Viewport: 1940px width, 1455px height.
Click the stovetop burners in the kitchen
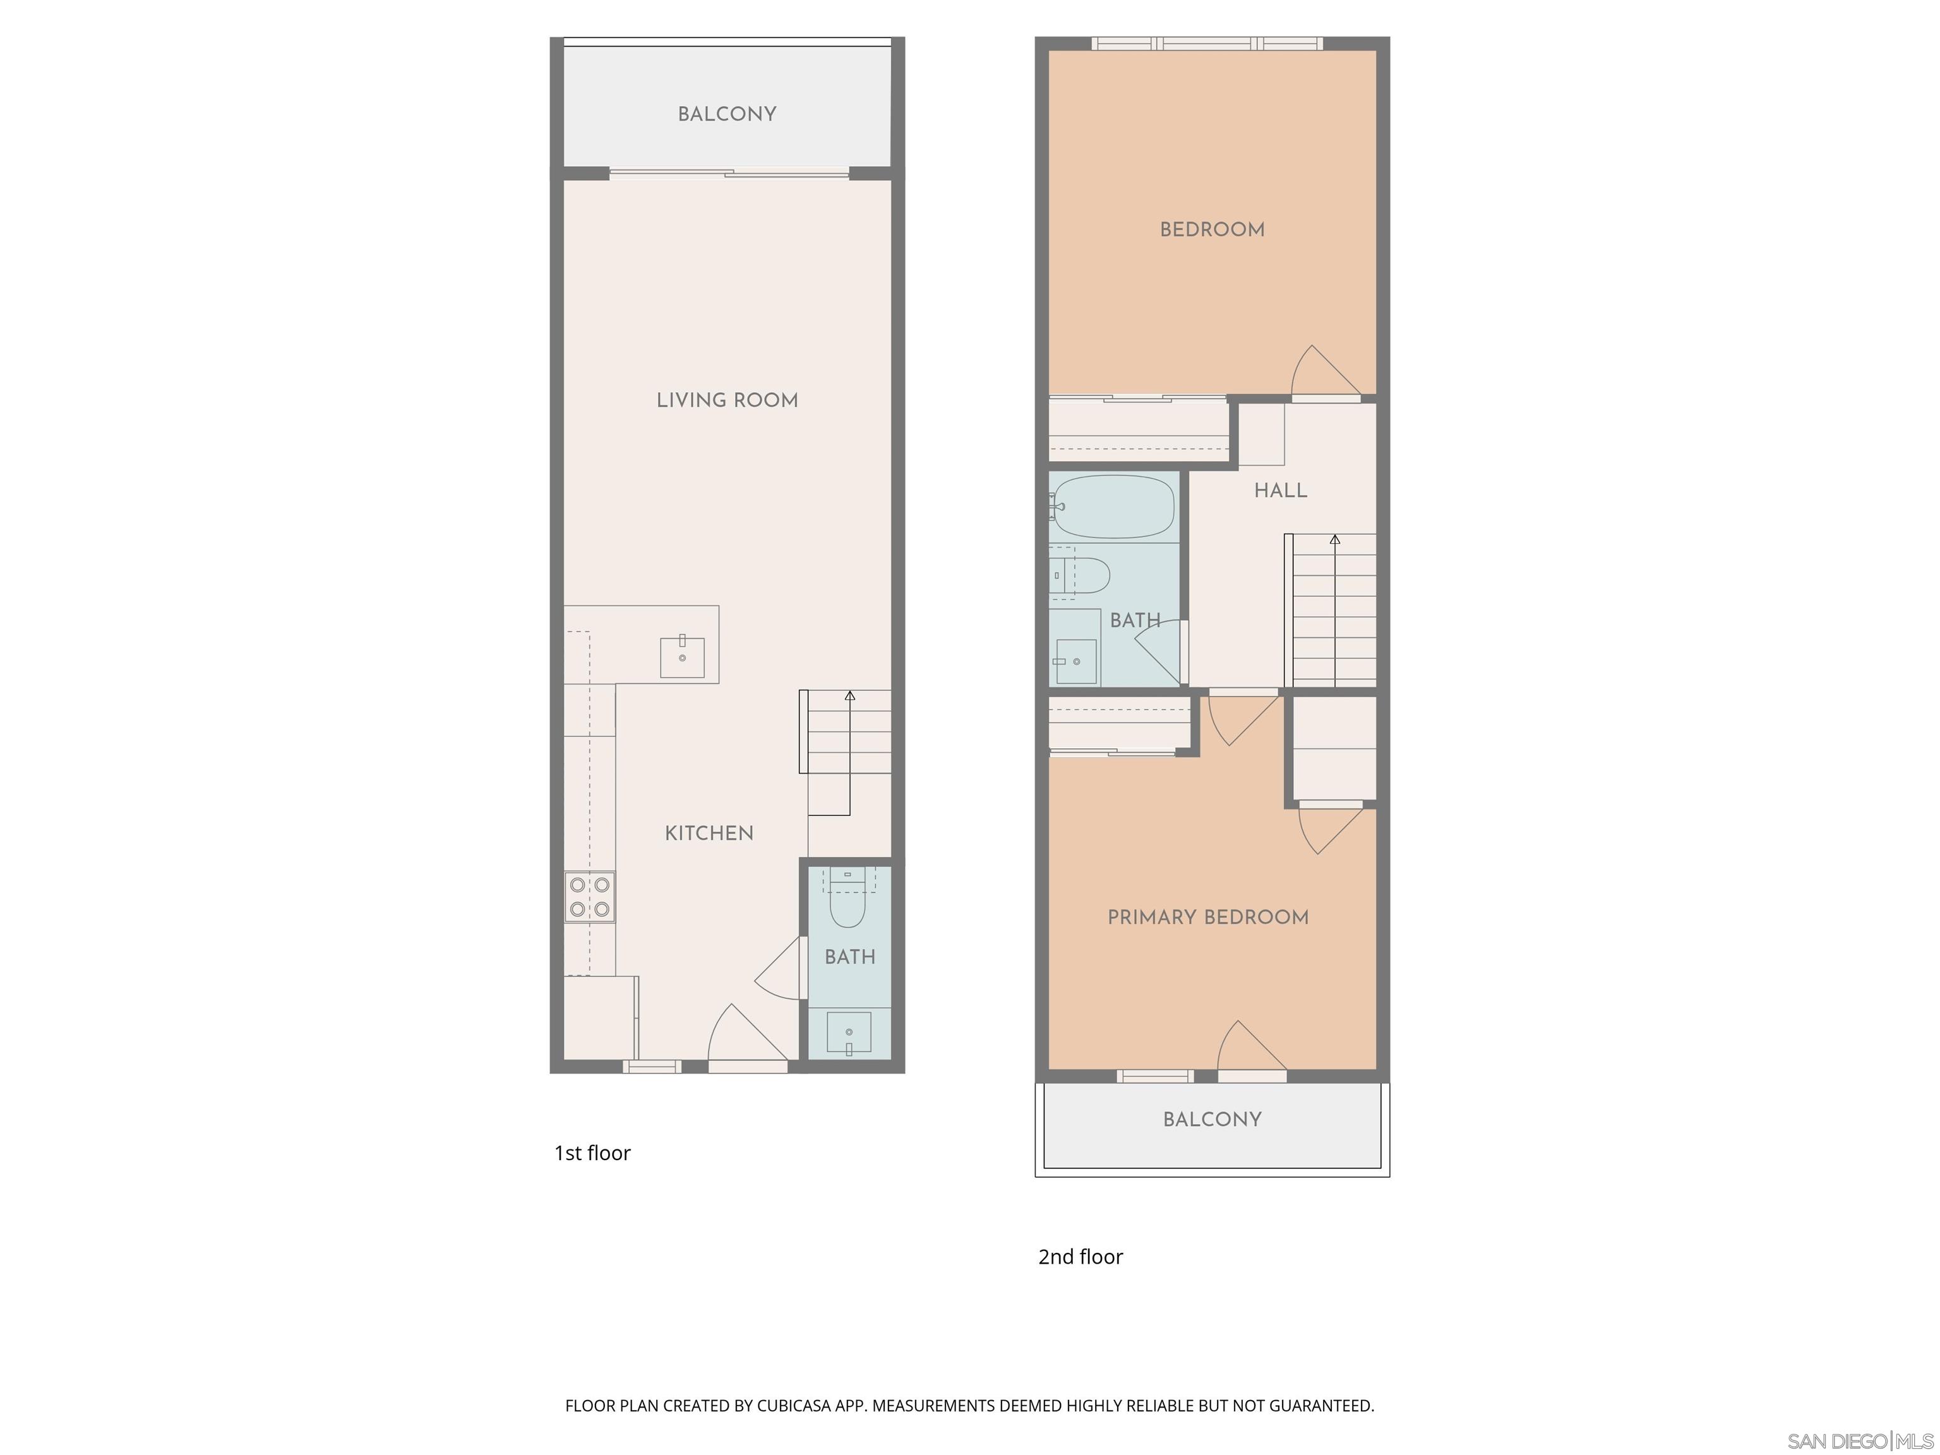click(x=589, y=896)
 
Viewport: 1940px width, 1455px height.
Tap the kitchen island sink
click(x=681, y=657)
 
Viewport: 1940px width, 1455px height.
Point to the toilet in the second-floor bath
click(x=1084, y=575)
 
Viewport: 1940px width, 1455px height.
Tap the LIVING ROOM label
click(x=727, y=400)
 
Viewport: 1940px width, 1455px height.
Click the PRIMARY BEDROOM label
click(x=1207, y=918)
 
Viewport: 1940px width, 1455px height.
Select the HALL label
click(x=1281, y=490)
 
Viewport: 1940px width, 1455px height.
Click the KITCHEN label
click(x=709, y=833)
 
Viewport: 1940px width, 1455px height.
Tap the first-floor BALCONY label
click(x=727, y=114)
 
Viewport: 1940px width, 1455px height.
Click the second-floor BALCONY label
click(x=1212, y=1119)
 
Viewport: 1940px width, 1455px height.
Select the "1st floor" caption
click(x=592, y=1153)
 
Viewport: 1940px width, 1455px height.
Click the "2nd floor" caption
click(x=1080, y=1257)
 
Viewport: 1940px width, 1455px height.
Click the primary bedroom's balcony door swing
click(x=1250, y=1048)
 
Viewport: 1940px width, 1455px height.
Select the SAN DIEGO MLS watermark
click(x=1859, y=1441)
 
